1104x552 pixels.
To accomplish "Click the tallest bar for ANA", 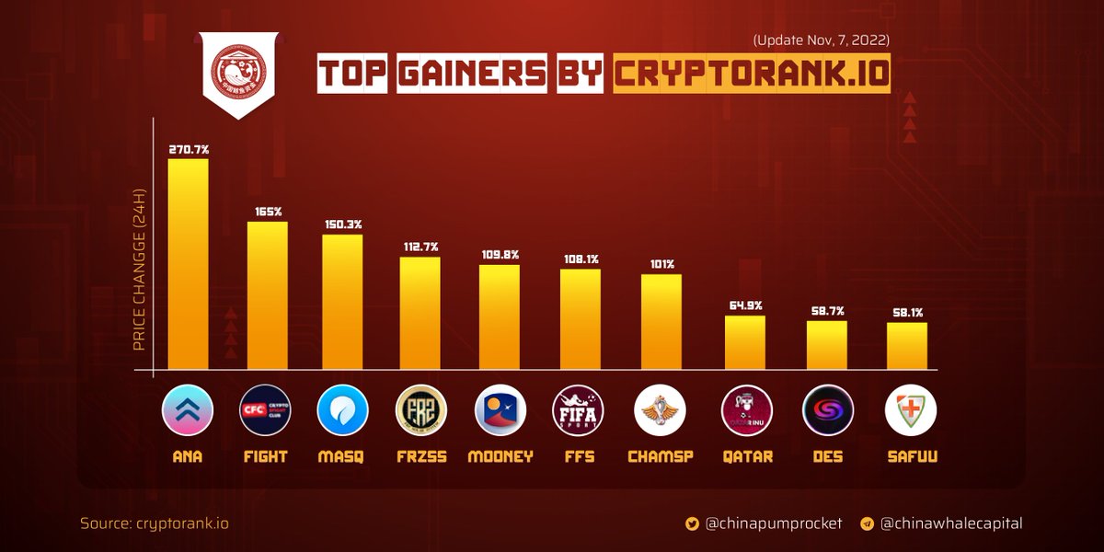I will pos(188,264).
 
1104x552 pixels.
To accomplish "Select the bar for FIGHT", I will pos(268,295).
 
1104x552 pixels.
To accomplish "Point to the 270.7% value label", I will pos(188,147).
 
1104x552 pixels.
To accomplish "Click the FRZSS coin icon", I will pos(420,409).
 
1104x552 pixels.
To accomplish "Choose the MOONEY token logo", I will pos(500,409).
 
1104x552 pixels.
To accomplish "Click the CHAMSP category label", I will pos(661,456).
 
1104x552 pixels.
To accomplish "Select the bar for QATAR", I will pos(745,342).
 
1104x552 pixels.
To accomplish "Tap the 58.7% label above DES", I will pos(827,311).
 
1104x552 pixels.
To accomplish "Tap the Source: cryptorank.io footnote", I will pos(155,523).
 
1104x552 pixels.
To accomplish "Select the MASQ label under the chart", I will pos(342,456).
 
